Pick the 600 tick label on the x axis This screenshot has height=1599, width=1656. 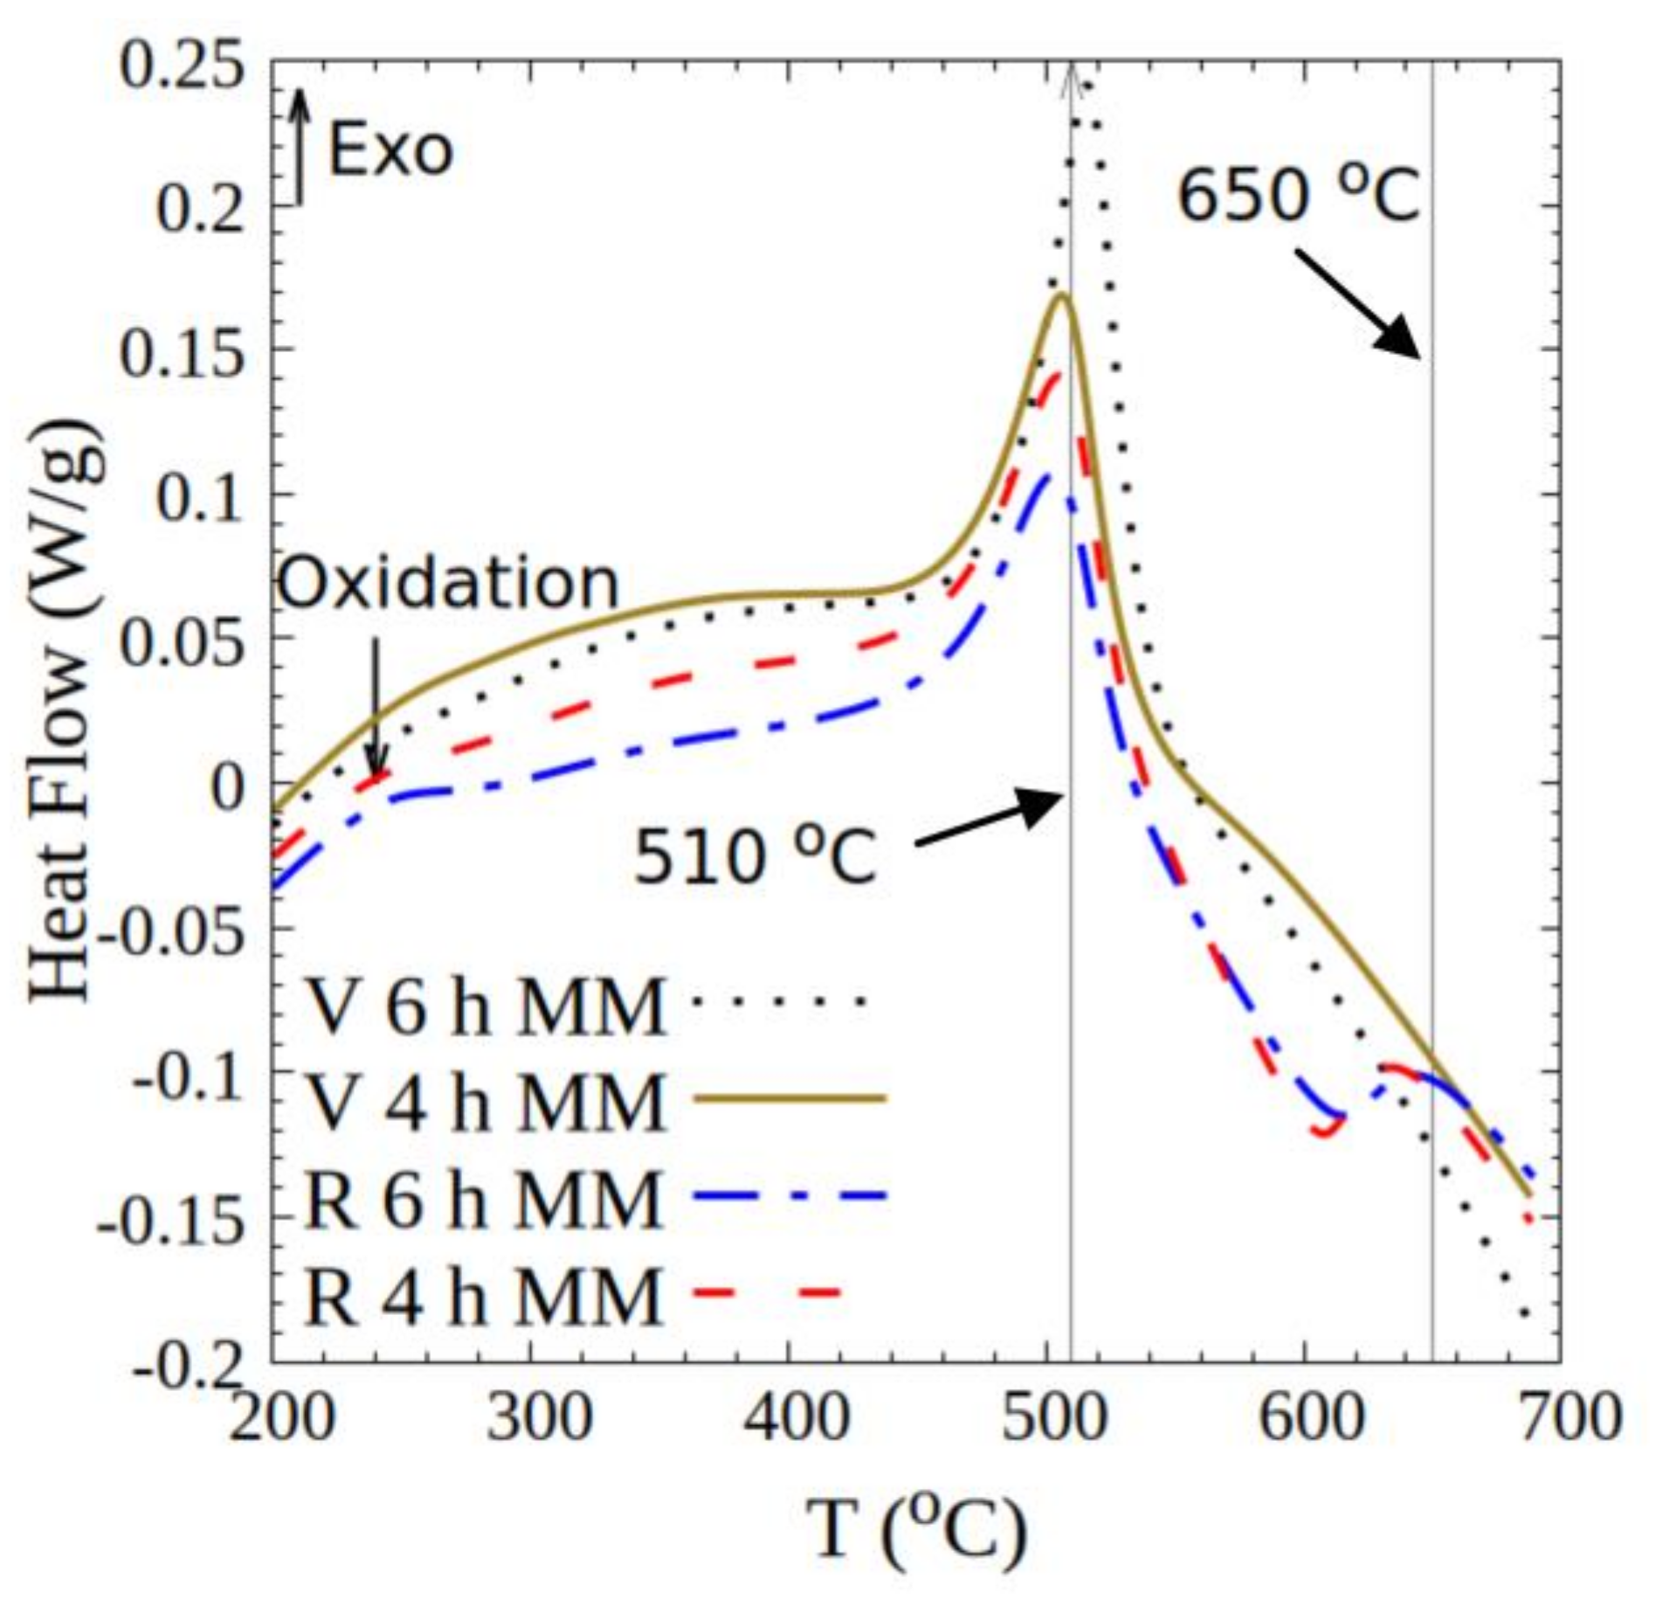click(1310, 1416)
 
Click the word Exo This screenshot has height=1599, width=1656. click(390, 150)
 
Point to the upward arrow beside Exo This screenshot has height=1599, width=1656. click(299, 144)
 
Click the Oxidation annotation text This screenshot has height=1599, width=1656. click(447, 584)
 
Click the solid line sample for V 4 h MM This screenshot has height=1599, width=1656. click(789, 1099)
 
